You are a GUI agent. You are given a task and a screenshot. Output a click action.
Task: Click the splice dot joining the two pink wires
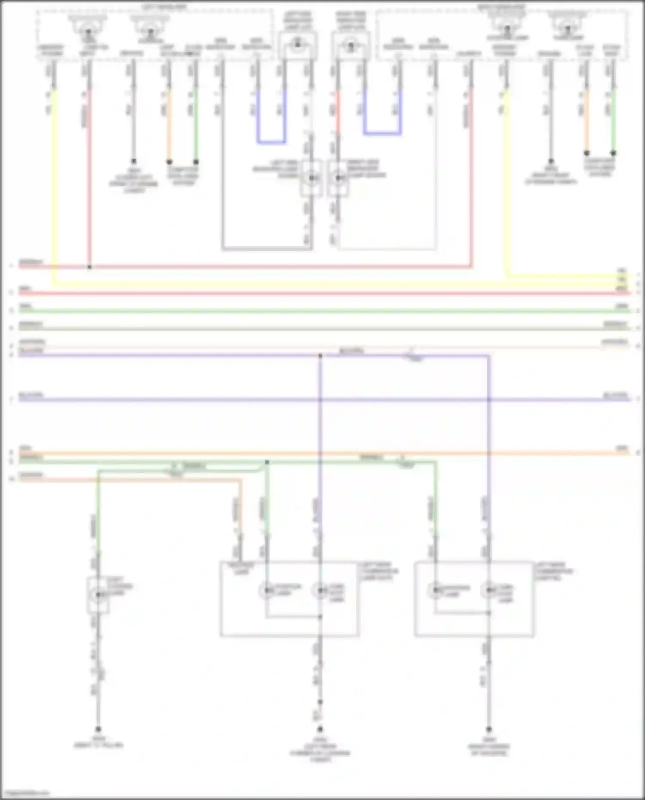coord(89,267)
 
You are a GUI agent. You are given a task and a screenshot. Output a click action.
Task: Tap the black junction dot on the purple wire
coord(320,356)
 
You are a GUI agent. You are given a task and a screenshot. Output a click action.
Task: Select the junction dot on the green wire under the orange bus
coord(267,462)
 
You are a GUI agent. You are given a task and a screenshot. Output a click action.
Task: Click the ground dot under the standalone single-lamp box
coord(98,729)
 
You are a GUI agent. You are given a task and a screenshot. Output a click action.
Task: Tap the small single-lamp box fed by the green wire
coord(98,595)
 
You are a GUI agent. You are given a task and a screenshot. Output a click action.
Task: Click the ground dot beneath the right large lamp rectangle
coord(489,729)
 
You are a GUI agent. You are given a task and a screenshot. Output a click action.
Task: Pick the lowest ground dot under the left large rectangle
coord(320,729)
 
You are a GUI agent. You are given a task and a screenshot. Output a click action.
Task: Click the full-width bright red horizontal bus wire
coord(322,294)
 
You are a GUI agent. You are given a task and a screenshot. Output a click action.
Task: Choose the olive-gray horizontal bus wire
coord(322,329)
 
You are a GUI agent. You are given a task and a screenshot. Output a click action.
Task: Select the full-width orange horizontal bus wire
coord(322,453)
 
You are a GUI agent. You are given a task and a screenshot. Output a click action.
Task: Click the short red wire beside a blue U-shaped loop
coord(338,112)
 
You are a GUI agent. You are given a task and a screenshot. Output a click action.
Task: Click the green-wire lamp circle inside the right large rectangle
coord(436,590)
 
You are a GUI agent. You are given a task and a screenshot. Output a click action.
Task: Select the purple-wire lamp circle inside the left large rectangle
coord(320,590)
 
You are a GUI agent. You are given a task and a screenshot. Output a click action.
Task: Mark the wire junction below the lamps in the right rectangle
coord(489,613)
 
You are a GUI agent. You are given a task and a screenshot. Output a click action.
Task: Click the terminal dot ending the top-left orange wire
coord(169,162)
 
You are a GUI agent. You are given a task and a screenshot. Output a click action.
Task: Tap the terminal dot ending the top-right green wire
coord(613,153)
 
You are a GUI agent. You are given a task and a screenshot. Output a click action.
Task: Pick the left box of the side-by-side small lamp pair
coord(311,178)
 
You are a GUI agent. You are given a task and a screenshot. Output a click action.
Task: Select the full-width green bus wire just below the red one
coord(322,311)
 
